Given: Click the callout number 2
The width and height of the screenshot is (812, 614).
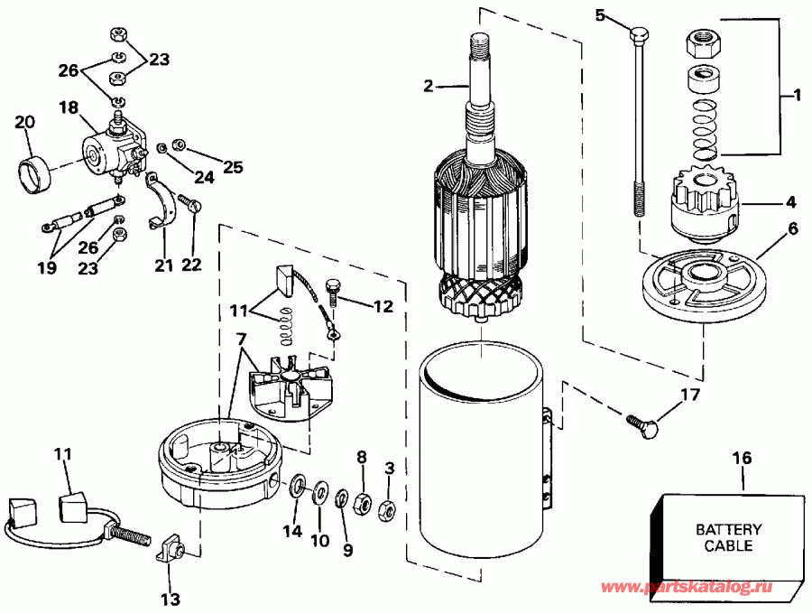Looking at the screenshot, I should (x=429, y=87).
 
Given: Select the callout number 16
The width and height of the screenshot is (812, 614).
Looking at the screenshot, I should (x=742, y=458).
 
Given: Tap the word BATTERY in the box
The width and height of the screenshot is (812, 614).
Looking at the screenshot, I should (x=728, y=530).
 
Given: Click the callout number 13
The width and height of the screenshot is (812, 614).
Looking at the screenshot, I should (x=171, y=598).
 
